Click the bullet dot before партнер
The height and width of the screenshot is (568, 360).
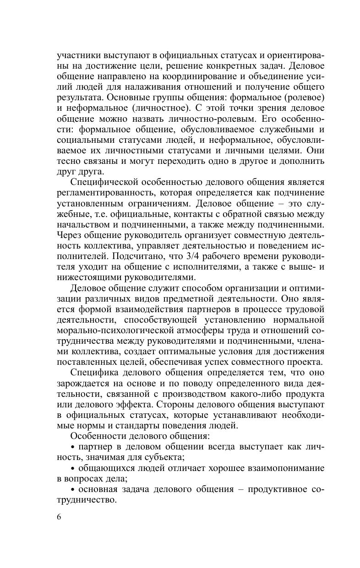click(x=73, y=448)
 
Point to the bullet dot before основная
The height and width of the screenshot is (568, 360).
click(x=73, y=490)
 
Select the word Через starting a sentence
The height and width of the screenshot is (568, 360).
click(x=70, y=235)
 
